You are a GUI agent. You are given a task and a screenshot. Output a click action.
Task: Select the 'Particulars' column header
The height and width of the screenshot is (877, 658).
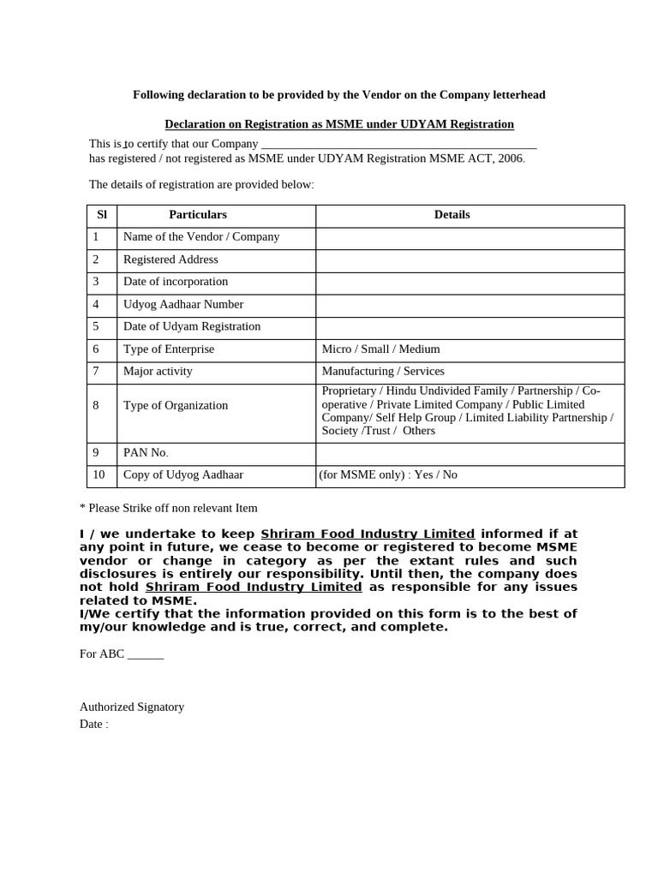point(198,215)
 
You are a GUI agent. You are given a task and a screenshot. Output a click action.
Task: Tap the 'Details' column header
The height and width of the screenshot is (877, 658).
point(452,215)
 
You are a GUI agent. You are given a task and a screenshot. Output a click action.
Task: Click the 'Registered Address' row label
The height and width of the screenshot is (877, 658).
point(170,260)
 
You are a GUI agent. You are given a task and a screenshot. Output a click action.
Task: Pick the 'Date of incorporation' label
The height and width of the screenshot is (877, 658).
point(176,282)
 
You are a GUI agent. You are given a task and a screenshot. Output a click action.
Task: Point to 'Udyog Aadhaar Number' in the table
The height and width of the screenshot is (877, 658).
point(183,304)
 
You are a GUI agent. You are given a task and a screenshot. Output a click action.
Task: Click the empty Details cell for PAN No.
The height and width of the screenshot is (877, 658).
point(470,453)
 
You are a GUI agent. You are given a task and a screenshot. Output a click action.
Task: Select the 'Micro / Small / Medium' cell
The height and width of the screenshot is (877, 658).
point(380,349)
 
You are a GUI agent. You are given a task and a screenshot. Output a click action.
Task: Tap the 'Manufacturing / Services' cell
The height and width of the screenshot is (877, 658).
point(383,372)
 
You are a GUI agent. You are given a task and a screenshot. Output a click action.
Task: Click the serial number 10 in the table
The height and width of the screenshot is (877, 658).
point(99,474)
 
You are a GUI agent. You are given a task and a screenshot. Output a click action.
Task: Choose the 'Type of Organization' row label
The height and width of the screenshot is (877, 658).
point(176,406)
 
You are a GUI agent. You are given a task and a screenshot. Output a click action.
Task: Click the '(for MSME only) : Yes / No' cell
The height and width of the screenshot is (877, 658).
point(388,474)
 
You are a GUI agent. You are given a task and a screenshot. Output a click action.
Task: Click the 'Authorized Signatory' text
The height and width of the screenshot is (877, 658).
point(132,707)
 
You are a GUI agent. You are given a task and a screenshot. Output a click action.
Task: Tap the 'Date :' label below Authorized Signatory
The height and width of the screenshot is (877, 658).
point(94,725)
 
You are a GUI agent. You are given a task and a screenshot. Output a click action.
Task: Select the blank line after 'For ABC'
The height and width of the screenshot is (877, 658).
point(146,654)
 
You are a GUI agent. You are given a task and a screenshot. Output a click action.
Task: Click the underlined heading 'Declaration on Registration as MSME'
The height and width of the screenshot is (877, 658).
point(339,124)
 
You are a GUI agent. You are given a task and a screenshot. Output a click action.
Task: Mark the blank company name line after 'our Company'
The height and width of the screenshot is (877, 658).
point(398,144)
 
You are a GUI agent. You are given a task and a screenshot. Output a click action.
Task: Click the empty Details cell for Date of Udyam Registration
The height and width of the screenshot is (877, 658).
point(470,327)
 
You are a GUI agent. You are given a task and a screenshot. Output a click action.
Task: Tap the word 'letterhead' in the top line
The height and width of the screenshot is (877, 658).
point(517,95)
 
